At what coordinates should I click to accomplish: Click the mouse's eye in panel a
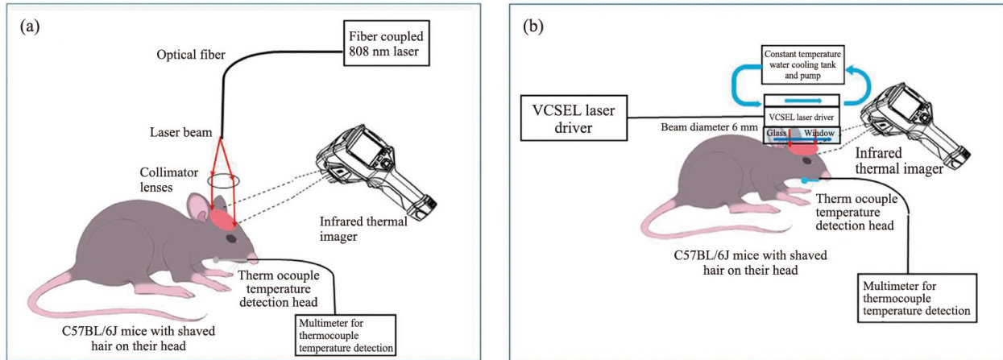click(231, 238)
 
